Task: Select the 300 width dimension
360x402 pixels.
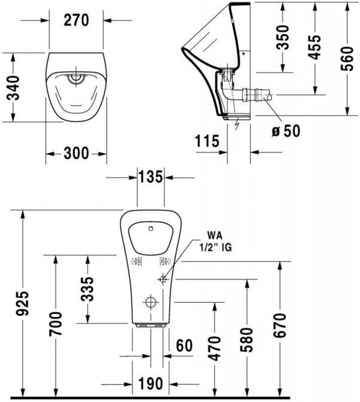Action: pos(76,153)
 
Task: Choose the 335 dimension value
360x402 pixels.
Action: pos(87,290)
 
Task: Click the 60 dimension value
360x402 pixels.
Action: pos(185,346)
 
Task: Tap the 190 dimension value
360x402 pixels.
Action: pos(151,383)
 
